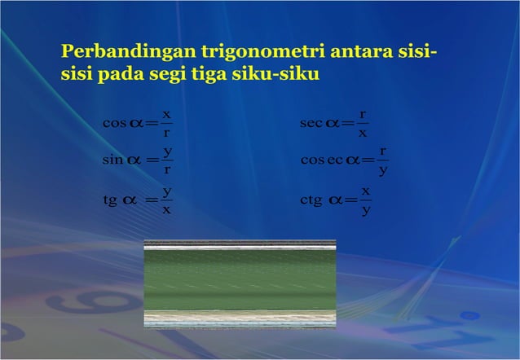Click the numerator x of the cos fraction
[165, 114]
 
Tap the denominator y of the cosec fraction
[382, 170]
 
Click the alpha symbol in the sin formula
[131, 160]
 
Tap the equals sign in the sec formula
[348, 124]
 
